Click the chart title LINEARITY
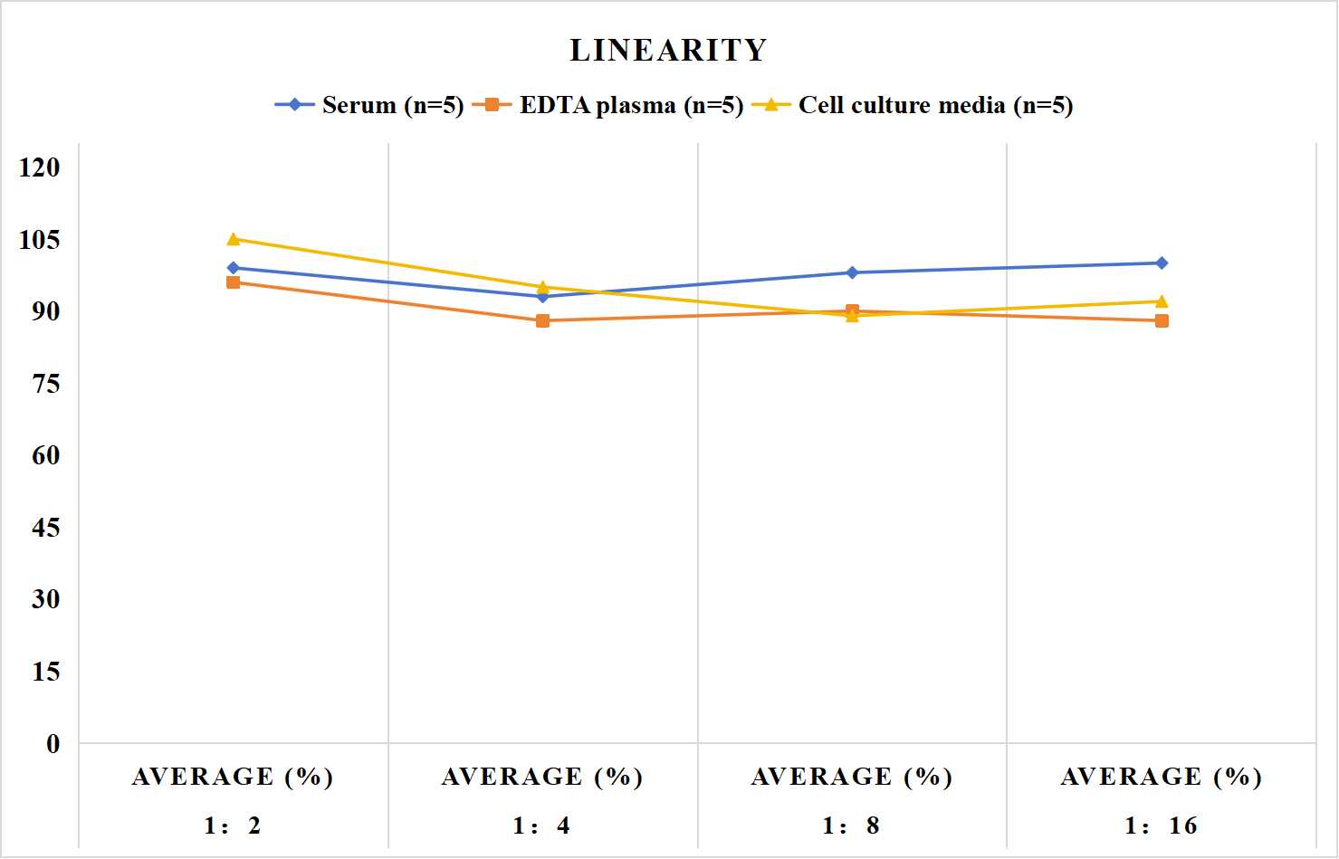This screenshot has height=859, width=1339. (x=668, y=50)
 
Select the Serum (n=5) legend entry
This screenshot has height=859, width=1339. (x=369, y=105)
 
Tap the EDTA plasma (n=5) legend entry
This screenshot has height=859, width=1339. (x=607, y=105)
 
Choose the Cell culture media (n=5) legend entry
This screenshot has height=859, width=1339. (x=913, y=105)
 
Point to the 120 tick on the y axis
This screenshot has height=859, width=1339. (x=40, y=167)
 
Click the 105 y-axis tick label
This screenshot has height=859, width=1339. (x=40, y=240)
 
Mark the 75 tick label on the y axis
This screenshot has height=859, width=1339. (x=46, y=384)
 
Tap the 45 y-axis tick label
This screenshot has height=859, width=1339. (x=46, y=528)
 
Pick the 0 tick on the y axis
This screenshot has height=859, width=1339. (x=53, y=744)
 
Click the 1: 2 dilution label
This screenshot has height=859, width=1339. (x=233, y=826)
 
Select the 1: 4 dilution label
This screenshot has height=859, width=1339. (x=541, y=826)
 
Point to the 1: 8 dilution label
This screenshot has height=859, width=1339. (x=851, y=826)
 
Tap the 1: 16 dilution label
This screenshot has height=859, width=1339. (x=1161, y=826)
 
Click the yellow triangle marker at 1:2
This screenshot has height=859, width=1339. (x=234, y=239)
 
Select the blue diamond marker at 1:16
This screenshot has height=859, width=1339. (x=1162, y=263)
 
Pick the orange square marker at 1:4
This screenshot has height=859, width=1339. (x=543, y=321)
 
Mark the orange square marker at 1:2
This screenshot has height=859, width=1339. (x=234, y=282)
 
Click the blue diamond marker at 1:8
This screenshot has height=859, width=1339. (x=853, y=272)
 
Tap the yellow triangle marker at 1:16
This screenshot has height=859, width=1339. (x=1162, y=301)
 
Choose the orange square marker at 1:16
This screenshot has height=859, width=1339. (x=1162, y=321)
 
